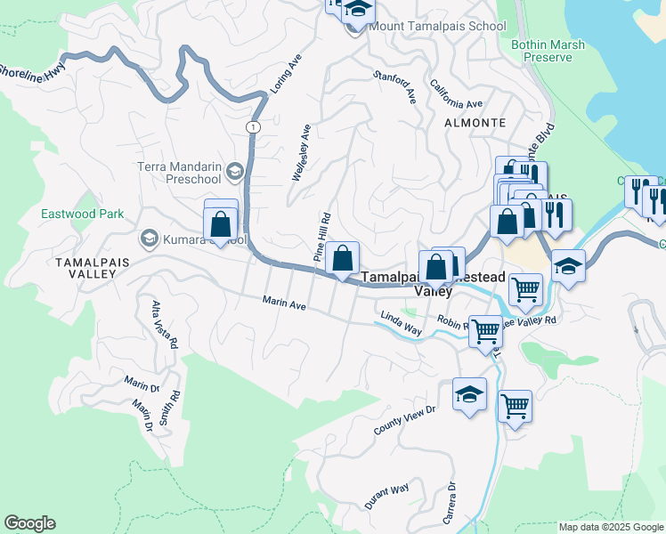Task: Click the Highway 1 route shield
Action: tap(253, 127)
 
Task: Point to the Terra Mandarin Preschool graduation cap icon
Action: tap(235, 171)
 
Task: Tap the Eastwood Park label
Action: tap(82, 214)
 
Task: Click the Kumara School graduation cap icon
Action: tap(148, 239)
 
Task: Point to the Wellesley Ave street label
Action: tap(302, 153)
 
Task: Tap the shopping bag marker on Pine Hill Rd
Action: tap(342, 259)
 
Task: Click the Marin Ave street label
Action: tap(284, 304)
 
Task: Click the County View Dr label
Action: tap(404, 419)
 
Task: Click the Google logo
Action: tap(29, 523)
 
